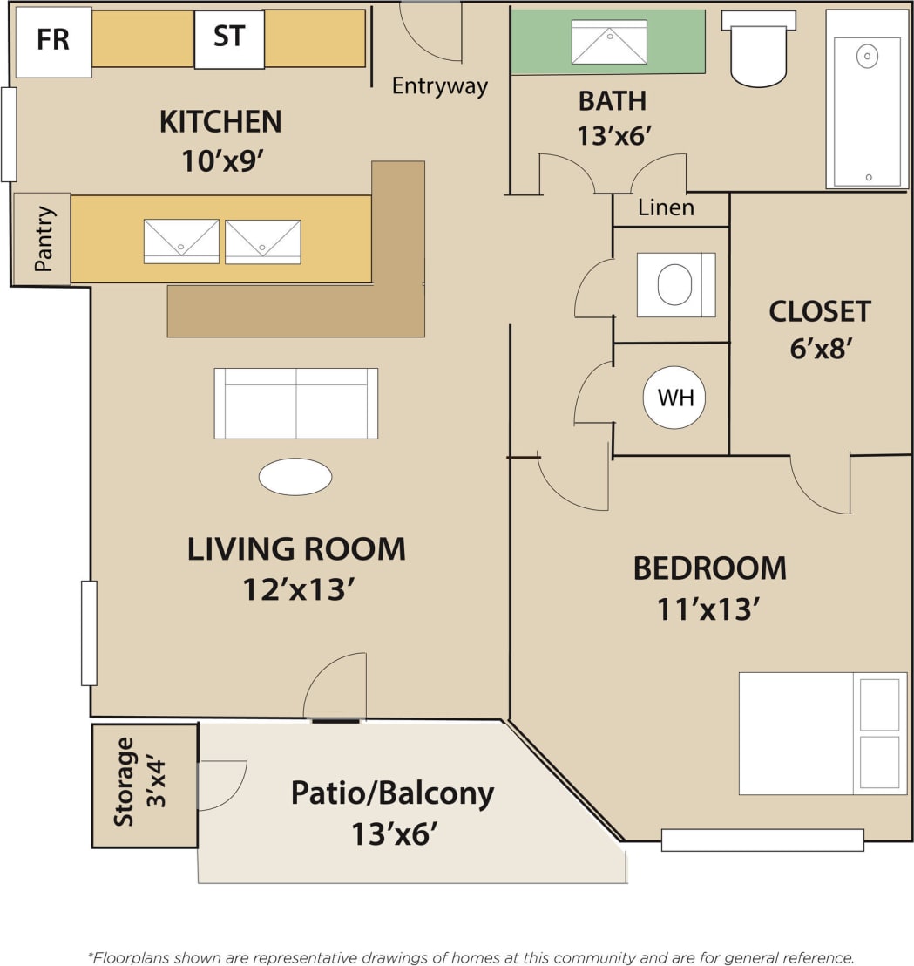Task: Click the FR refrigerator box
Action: pyautogui.click(x=53, y=41)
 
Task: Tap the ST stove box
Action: pyautogui.click(x=229, y=39)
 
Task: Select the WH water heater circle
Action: pyautogui.click(x=674, y=398)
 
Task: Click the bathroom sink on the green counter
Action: pyautogui.click(x=608, y=42)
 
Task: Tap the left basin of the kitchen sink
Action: pyautogui.click(x=181, y=241)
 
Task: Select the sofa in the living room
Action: pyautogui.click(x=295, y=403)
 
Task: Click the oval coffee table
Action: pyautogui.click(x=295, y=477)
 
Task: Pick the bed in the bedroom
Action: pyautogui.click(x=822, y=732)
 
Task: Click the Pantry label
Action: pyautogui.click(x=43, y=239)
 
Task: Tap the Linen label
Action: pyautogui.click(x=666, y=207)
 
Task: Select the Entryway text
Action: pyautogui.click(x=439, y=85)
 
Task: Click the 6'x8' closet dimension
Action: pyautogui.click(x=819, y=348)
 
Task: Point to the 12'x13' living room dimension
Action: pyautogui.click(x=296, y=589)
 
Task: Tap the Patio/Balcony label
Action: pyautogui.click(x=392, y=793)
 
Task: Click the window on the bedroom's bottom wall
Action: pyautogui.click(x=762, y=840)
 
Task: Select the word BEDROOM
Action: pyautogui.click(x=709, y=568)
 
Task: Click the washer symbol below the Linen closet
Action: pyautogui.click(x=675, y=284)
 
